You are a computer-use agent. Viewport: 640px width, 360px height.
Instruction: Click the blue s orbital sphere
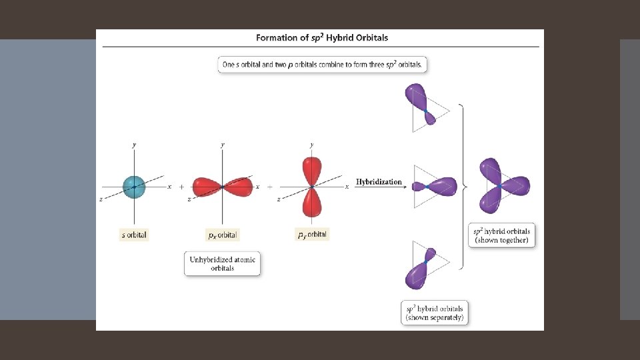(x=134, y=187)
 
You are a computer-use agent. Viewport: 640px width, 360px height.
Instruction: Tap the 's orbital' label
(x=133, y=235)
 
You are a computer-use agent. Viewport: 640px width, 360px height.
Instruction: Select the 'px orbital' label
(x=222, y=235)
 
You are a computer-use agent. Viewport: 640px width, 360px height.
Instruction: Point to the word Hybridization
(x=379, y=182)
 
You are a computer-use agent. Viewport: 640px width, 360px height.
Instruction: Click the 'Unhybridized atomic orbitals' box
(x=222, y=263)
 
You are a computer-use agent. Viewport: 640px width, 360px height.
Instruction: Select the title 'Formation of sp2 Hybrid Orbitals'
(x=322, y=38)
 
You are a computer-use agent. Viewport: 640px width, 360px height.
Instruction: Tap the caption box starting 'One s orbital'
(x=322, y=65)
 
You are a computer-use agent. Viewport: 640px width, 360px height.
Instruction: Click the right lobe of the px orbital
(x=238, y=187)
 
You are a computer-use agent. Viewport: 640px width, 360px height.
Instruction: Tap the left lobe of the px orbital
(x=207, y=187)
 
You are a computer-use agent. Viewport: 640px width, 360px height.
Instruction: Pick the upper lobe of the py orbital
(x=311, y=171)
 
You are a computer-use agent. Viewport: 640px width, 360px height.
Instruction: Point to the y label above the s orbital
(x=134, y=145)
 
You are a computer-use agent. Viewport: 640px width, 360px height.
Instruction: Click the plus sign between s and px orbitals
(x=181, y=187)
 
